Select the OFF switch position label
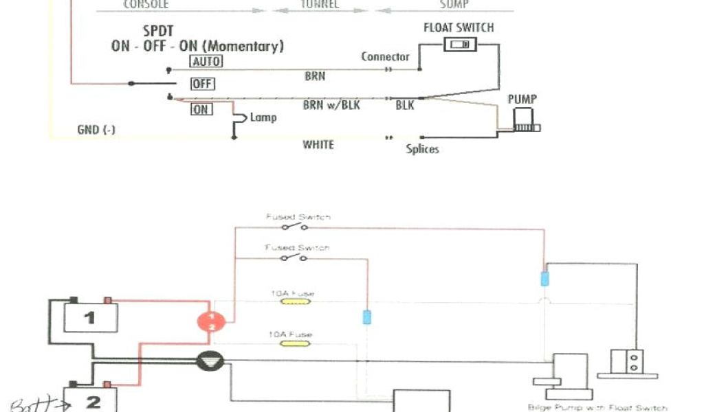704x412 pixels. point(203,84)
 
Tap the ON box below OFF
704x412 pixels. point(201,109)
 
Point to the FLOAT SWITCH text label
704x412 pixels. point(459,27)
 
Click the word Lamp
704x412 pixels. point(263,117)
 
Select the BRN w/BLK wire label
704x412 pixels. point(331,106)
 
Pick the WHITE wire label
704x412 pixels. point(318,145)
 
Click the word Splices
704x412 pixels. point(422,149)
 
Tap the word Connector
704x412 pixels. point(385,57)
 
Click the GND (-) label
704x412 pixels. point(96,130)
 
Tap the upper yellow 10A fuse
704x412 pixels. point(291,301)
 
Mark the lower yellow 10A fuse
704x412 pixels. point(291,343)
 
